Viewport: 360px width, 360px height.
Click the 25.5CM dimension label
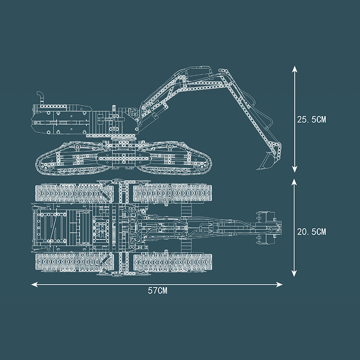coord(311,120)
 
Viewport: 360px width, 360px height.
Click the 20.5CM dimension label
coord(311,232)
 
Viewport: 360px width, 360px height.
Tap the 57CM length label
coord(157,291)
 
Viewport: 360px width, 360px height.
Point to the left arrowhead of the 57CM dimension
coord(35,285)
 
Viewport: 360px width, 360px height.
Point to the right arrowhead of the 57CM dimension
coord(279,285)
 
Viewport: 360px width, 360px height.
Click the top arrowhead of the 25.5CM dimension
coord(295,69)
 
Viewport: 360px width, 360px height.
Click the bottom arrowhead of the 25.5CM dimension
coord(295,169)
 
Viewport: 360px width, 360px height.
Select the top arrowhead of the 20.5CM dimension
coord(294,182)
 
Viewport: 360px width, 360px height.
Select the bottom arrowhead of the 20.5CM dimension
coord(294,274)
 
